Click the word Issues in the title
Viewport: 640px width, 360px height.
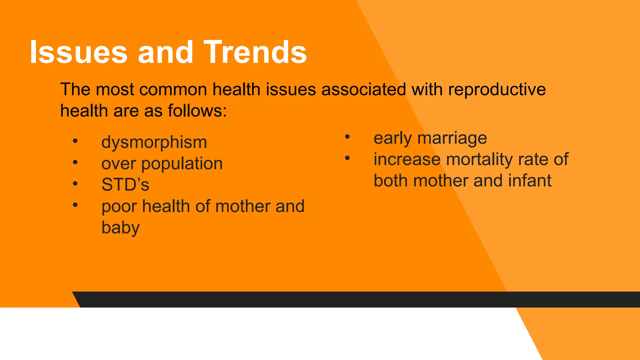(78, 52)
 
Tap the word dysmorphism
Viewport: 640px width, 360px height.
(154, 142)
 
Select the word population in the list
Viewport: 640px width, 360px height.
(182, 163)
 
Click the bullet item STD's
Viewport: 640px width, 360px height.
(125, 185)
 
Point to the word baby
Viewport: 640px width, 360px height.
(120, 228)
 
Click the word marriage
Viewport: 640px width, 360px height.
(452, 138)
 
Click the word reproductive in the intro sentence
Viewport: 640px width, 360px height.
(497, 89)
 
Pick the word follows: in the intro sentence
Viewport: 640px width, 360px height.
(197, 111)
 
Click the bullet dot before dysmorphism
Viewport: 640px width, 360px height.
(75, 141)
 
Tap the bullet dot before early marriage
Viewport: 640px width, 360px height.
(347, 137)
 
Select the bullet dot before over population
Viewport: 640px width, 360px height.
(75, 162)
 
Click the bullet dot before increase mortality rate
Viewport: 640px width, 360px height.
(347, 158)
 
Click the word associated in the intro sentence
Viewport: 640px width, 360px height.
(363, 89)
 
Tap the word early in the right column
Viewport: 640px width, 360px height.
(392, 138)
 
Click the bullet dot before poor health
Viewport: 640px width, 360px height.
(75, 205)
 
